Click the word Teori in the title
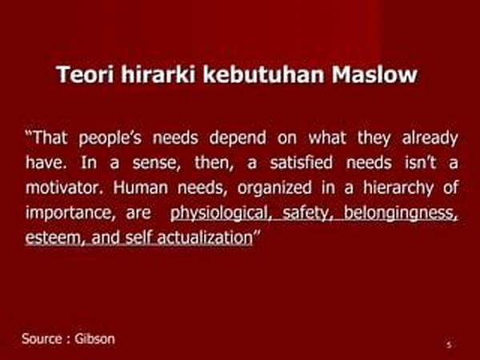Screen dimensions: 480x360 85,74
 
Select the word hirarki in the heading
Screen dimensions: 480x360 158,74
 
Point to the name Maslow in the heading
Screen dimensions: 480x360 374,74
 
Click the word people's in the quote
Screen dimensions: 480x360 110,138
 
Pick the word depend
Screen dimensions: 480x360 238,138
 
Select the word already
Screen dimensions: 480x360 430,138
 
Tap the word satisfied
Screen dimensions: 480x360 302,162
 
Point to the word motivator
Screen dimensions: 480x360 64,187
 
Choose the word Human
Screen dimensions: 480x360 141,187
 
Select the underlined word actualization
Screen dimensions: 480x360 205,238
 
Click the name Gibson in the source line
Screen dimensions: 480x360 94,339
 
